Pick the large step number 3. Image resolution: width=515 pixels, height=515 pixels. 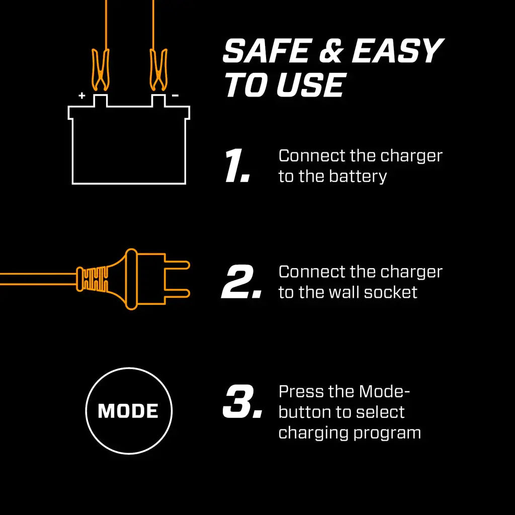242,402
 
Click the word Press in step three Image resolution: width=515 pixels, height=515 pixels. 301,391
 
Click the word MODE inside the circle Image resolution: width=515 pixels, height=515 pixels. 128,411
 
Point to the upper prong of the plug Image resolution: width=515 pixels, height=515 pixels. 176,265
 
